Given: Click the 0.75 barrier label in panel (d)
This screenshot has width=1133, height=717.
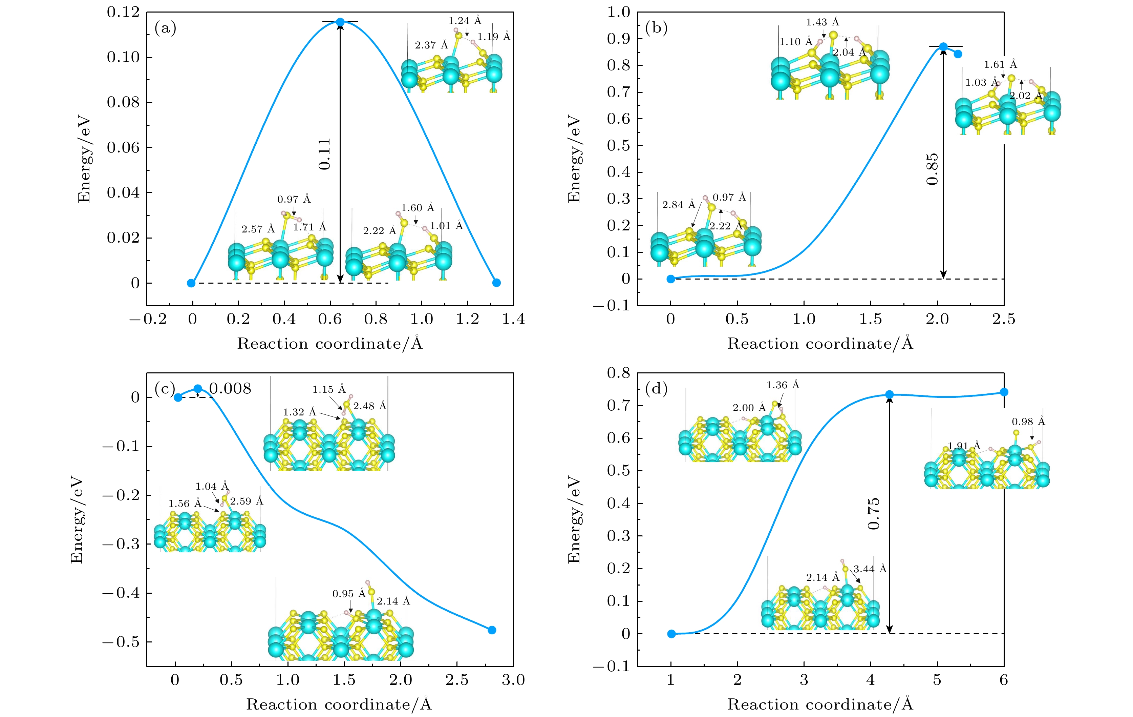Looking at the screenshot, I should pos(873,514).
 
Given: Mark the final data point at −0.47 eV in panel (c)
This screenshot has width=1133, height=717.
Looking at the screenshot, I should pos(492,630).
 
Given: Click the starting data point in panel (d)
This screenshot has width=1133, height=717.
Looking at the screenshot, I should pos(671,634).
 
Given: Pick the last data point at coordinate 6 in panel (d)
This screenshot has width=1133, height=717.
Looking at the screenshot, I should pos(1004,392).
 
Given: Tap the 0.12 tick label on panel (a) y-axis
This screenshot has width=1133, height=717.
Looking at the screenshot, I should pos(123,12).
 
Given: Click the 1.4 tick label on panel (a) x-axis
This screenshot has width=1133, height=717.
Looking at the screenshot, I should pos(513,319).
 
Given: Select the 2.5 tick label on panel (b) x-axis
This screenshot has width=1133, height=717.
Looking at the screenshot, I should pos(1004,319).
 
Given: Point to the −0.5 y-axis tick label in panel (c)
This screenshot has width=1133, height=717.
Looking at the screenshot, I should pos(121,642).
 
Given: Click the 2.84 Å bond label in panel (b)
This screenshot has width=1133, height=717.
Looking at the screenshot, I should pos(679,204).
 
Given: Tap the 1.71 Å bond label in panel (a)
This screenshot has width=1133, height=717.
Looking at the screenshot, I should pos(309,227).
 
